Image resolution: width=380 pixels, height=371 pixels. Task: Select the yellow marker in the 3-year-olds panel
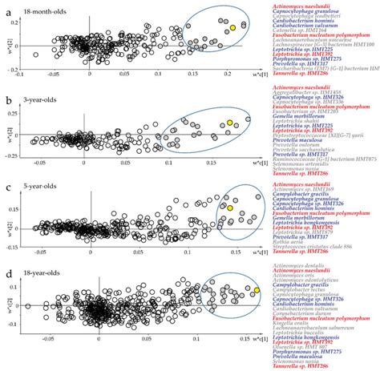(x=229, y=122)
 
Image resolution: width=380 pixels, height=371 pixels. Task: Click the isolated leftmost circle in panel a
(x=35, y=54)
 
